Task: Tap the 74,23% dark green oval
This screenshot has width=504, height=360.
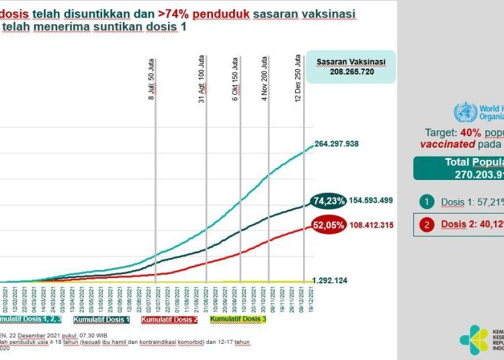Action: (330, 200)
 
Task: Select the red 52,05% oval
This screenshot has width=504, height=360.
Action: (329, 226)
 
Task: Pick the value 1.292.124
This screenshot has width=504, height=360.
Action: (333, 280)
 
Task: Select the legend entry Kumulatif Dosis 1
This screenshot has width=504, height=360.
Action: (101, 319)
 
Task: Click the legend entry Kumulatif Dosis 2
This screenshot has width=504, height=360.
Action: (169, 319)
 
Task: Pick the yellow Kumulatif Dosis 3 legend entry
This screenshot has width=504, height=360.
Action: (238, 319)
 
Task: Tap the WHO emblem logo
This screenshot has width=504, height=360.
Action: (464, 110)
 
